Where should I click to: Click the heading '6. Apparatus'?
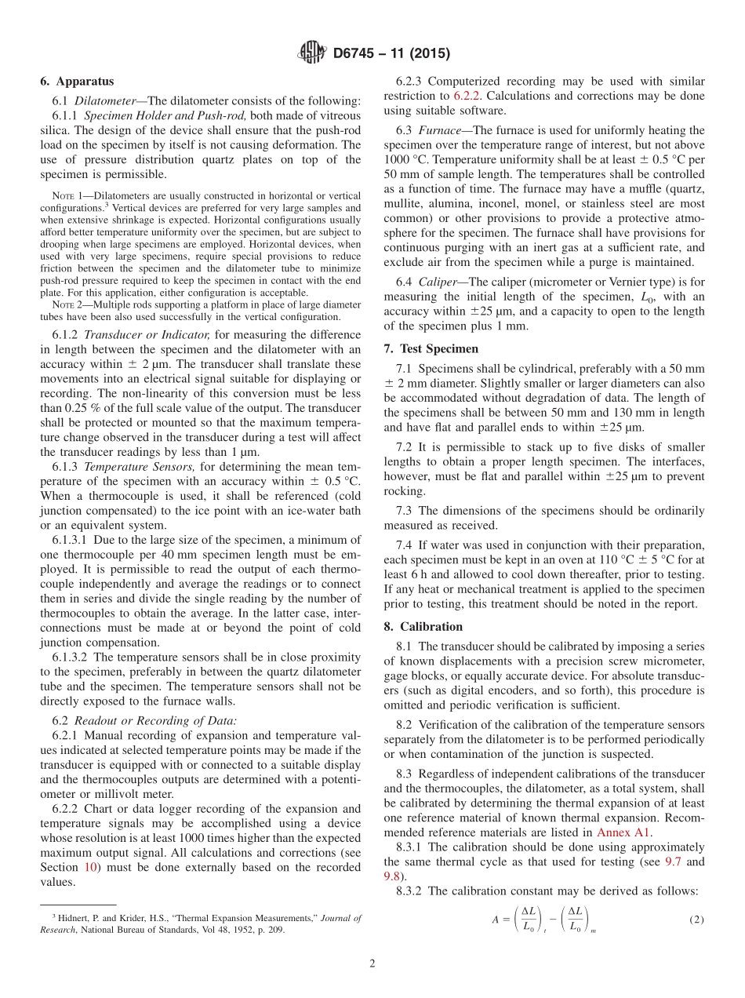click(x=77, y=81)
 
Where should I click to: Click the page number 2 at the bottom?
click(x=372, y=963)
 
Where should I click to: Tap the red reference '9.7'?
click(x=673, y=861)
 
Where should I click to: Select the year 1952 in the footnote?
click(x=238, y=930)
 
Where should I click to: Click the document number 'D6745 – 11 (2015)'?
click(x=391, y=53)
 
